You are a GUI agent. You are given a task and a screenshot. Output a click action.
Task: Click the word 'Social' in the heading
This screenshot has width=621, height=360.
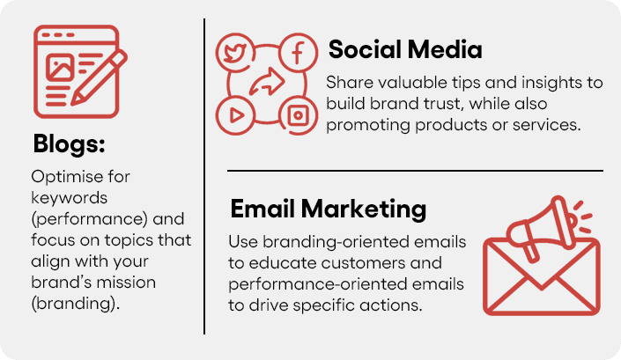[x=362, y=50]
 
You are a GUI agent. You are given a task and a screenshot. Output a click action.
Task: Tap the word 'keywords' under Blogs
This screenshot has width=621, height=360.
[x=63, y=197]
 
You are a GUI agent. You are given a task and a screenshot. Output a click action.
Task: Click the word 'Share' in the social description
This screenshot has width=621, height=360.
[x=346, y=82]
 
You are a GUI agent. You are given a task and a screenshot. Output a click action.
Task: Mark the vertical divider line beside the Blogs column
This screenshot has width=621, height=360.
[x=204, y=176]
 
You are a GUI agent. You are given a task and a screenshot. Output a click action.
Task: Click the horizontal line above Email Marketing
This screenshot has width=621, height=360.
[x=415, y=171]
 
